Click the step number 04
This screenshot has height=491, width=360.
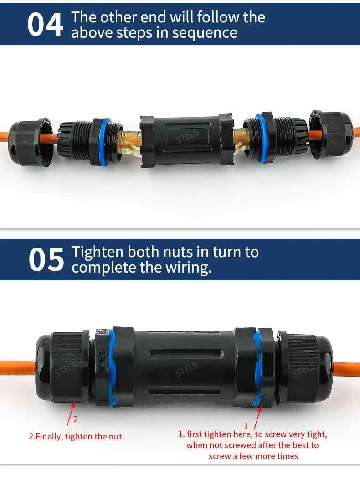click(45, 25)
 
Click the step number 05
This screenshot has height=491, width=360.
click(46, 259)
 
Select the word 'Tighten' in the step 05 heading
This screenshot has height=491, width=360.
click(98, 252)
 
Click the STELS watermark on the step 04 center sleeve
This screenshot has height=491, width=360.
click(187, 136)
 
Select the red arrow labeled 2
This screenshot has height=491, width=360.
click(71, 413)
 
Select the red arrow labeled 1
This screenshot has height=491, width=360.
click(257, 417)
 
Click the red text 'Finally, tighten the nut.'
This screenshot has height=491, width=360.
click(80, 436)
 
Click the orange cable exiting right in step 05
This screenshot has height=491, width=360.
click(346, 372)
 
